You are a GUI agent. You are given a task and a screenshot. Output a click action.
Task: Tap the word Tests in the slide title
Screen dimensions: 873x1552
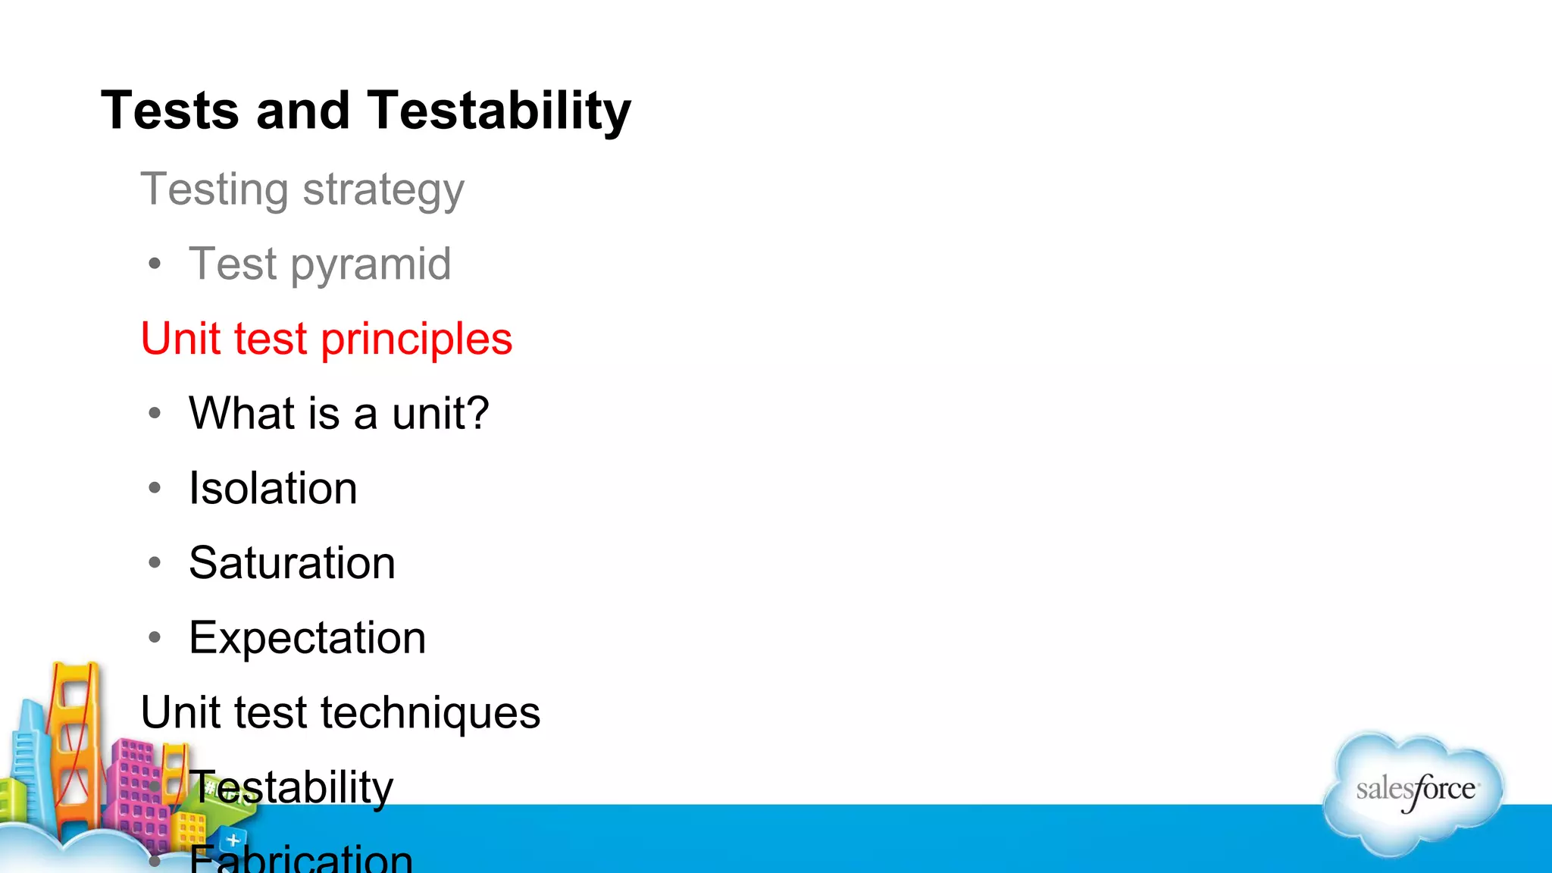coord(170,111)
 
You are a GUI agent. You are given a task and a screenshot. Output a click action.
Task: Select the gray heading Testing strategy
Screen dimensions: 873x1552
coord(302,189)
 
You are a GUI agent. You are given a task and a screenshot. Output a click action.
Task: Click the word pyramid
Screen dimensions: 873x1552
coord(371,265)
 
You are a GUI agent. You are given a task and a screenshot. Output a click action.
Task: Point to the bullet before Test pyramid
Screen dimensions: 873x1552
coord(155,264)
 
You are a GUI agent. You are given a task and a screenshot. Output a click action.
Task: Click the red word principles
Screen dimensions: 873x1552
coord(416,339)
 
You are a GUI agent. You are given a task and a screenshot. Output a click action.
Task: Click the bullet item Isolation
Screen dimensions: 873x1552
coord(273,488)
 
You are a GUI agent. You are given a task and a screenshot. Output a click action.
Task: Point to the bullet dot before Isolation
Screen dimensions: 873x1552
coord(155,487)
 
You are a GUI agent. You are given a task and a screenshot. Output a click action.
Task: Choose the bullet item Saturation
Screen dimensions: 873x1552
coord(292,563)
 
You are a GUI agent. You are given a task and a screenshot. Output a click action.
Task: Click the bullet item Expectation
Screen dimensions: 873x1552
coord(307,638)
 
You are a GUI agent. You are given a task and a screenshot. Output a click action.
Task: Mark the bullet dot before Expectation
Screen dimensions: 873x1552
coord(155,637)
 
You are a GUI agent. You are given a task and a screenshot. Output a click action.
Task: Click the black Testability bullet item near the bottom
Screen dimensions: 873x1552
coord(291,787)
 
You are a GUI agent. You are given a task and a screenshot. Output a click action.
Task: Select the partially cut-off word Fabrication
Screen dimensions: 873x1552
coord(301,859)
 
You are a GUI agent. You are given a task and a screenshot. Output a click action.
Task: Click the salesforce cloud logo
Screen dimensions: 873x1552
coord(1414,792)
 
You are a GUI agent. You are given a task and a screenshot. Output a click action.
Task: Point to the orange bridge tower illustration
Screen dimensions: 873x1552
coord(74,743)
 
